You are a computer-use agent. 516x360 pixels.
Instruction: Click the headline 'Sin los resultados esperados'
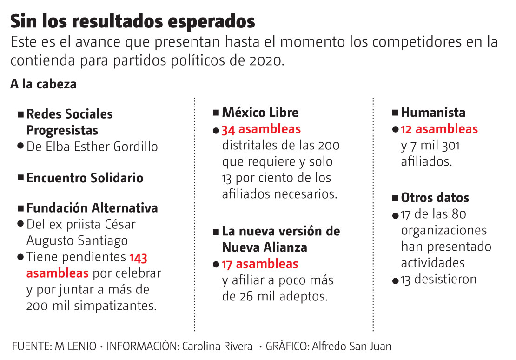coord(132,21)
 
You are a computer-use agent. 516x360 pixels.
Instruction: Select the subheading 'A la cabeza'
coord(43,85)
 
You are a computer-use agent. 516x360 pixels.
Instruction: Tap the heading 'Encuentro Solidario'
coord(85,178)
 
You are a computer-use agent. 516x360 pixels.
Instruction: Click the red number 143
coord(138,257)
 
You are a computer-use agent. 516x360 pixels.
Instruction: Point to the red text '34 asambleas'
coord(261,129)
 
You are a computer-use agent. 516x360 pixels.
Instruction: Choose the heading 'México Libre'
coord(260,113)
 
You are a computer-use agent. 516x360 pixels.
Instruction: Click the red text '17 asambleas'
coord(260,264)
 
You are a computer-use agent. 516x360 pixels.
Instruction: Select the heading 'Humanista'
coord(433,113)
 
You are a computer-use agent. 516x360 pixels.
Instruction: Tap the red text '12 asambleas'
coord(439,129)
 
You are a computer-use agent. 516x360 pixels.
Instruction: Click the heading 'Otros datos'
coord(435,198)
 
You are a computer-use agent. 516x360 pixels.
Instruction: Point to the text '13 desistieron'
coord(439,280)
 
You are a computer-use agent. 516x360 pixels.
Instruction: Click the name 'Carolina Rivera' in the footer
coord(217,347)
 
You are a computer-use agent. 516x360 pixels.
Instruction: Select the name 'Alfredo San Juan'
coord(352,347)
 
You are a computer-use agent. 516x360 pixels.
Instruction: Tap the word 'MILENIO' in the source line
coord(75,347)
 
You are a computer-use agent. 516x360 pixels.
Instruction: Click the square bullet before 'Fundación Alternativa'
coord(20,208)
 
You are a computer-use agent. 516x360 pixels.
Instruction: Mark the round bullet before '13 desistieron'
coord(395,280)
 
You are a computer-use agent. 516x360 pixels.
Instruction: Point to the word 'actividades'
coord(433,263)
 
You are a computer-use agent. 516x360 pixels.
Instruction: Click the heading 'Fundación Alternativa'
coord(92,208)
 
